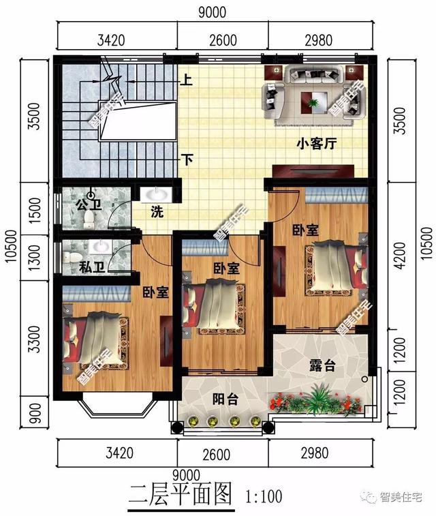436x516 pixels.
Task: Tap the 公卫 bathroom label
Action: [85, 203]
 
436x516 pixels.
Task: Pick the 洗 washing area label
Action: [157, 211]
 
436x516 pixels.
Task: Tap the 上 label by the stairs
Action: [186, 80]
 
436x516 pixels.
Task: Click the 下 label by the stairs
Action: [186, 160]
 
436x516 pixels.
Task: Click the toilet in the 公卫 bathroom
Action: [89, 217]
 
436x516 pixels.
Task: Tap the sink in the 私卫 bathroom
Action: [102, 245]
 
